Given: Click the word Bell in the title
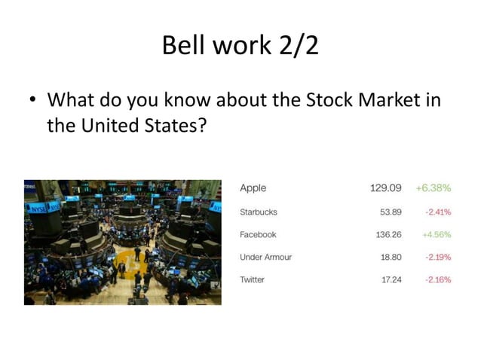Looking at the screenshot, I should coord(181,47).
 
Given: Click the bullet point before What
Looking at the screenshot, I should coord(32,101).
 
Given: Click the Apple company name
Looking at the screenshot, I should coord(253,188).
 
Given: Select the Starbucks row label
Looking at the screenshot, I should coord(258,212).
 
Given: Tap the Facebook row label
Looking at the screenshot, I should coord(258,234).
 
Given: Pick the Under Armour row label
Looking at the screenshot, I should coord(265,257).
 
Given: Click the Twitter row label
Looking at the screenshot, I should coord(252,279).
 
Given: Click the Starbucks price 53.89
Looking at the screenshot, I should coord(390,212).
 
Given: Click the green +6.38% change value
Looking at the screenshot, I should coord(434,188).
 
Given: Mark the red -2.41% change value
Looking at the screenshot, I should coord(437,212).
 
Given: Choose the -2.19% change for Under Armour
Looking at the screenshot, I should coord(437,257).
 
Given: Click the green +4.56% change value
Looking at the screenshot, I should coord(437,234).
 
